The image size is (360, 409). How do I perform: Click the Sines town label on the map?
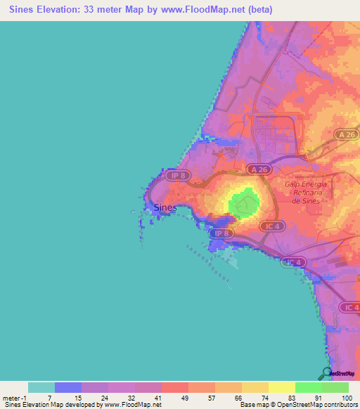coord(165,207)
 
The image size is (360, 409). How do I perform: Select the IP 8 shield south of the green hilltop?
coord(221,233)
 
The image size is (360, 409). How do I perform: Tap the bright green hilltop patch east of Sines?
coord(242,204)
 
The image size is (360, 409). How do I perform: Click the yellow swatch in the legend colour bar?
coord(281,387)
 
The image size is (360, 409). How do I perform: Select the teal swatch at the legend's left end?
coord(41,387)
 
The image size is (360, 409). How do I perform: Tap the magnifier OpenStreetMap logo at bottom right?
coord(326,374)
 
